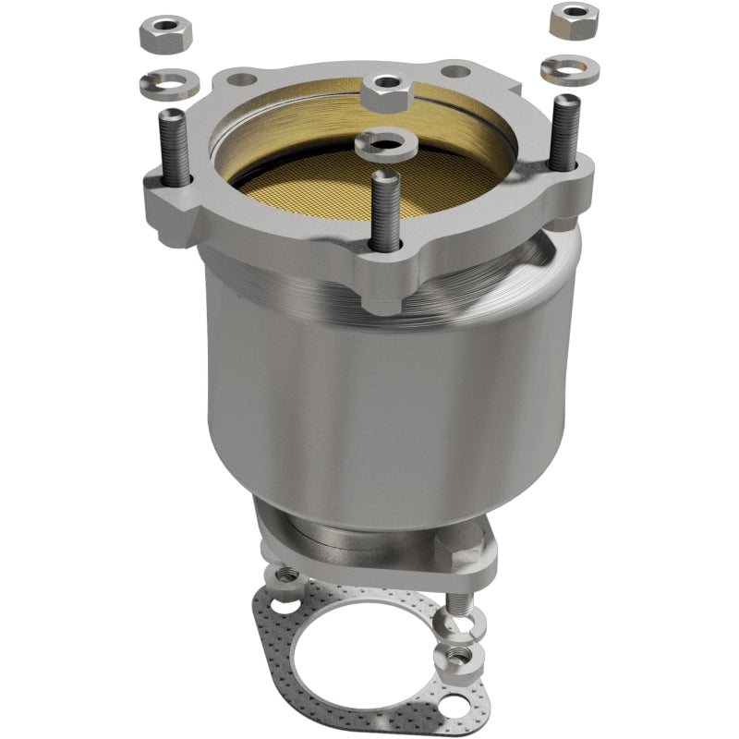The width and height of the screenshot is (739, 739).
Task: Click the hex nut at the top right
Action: pyautogui.click(x=574, y=19)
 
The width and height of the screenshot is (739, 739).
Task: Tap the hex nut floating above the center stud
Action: pyautogui.click(x=387, y=91)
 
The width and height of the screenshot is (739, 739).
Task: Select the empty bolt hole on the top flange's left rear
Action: pyautogui.click(x=241, y=80)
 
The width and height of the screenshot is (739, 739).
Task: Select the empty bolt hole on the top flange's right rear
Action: pyautogui.click(x=453, y=70)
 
